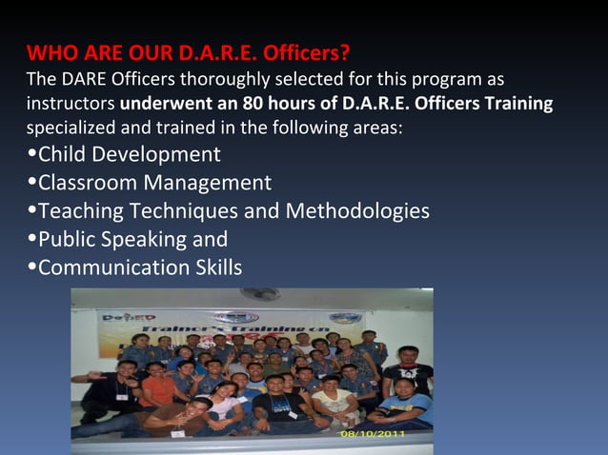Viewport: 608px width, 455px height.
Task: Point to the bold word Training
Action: (x=518, y=102)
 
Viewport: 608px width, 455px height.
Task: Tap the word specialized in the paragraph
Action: (x=71, y=128)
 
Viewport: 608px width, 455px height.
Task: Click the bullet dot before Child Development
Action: (x=31, y=155)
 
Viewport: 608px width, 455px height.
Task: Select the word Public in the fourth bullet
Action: (x=68, y=240)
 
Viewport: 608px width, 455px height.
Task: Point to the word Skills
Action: (x=215, y=268)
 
